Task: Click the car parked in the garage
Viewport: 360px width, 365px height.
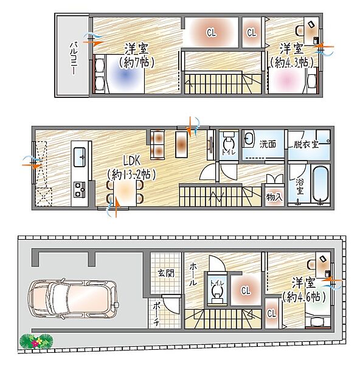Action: [x=72, y=299]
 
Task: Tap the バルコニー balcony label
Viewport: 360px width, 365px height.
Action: [x=74, y=58]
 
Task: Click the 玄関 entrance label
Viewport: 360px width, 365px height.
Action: [x=166, y=273]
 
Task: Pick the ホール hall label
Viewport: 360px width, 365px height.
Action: [x=193, y=274]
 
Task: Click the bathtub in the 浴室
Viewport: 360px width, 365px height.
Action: [x=320, y=184]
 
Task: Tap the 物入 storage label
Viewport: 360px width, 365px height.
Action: [x=274, y=197]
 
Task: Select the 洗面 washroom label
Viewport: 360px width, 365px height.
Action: [x=268, y=144]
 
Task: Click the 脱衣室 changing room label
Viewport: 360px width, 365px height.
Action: [x=306, y=144]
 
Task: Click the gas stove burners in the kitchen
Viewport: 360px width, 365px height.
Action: [x=80, y=189]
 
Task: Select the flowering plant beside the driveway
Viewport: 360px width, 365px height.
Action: [x=36, y=341]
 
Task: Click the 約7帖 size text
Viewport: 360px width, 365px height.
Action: [x=136, y=63]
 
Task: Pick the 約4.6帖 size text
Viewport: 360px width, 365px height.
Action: [x=303, y=297]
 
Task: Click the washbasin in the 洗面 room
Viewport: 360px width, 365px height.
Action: [x=249, y=139]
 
